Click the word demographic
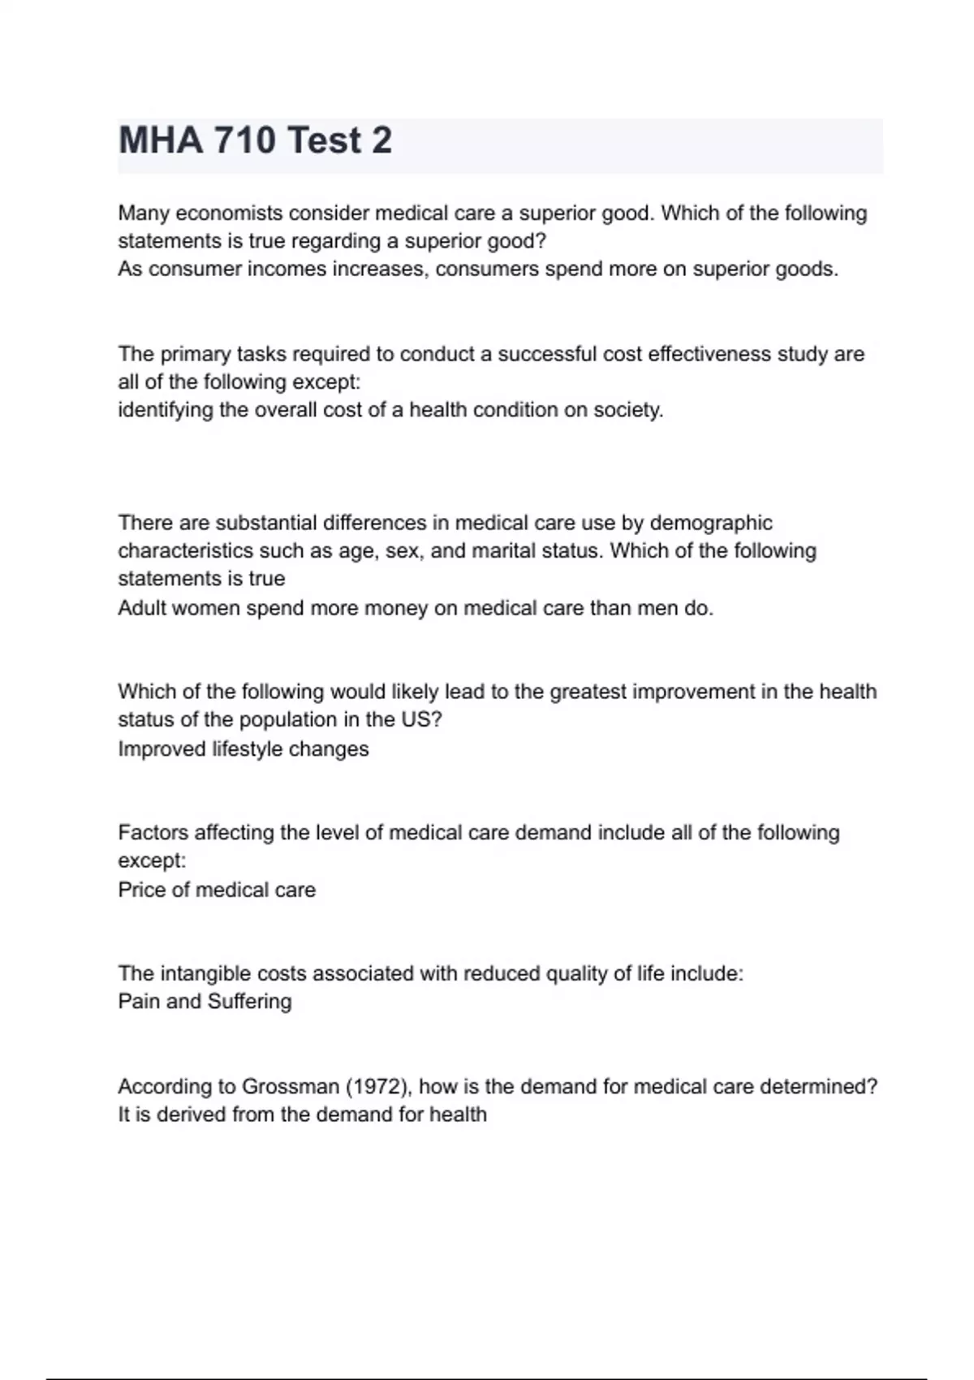711,523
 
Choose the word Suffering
249,1002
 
